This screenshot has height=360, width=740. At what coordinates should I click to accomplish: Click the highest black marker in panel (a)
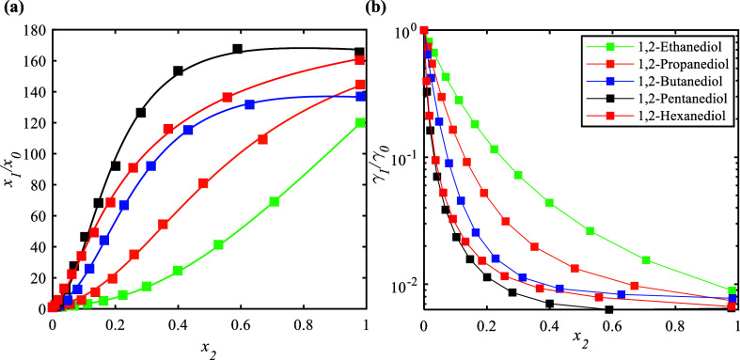pos(238,49)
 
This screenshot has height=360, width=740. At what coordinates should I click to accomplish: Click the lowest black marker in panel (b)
pos(609,309)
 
